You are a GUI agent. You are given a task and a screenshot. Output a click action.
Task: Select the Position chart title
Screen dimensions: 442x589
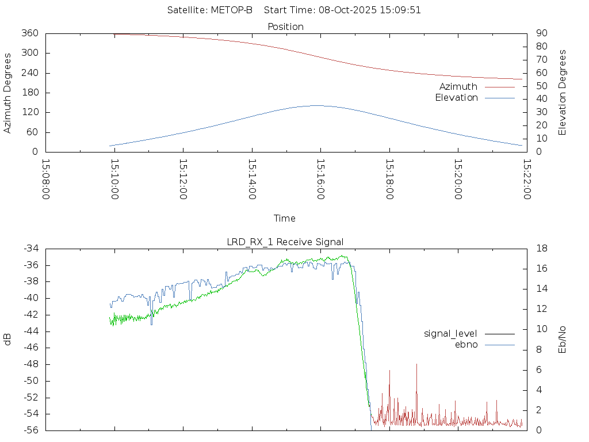pyautogui.click(x=286, y=26)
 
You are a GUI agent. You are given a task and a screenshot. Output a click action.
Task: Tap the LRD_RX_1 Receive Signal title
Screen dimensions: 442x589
pyautogui.click(x=285, y=242)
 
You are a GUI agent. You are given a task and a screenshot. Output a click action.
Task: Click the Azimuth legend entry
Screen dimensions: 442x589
pyautogui.click(x=458, y=87)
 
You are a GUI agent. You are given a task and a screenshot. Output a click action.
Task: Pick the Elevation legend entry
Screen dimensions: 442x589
pyautogui.click(x=456, y=98)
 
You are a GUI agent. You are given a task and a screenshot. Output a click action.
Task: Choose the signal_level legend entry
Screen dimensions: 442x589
pyautogui.click(x=450, y=334)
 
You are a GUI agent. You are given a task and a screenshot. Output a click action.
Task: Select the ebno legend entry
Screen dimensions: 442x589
pyautogui.click(x=466, y=345)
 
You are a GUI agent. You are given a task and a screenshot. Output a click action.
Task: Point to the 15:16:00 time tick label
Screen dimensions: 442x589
pyautogui.click(x=320, y=180)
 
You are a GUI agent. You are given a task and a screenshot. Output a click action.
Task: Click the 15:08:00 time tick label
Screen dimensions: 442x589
pyautogui.click(x=46, y=180)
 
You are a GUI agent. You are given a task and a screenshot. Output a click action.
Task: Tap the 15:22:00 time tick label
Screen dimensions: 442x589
pyautogui.click(x=526, y=180)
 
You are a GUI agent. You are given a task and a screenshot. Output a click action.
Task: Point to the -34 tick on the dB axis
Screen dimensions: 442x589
pyautogui.click(x=31, y=249)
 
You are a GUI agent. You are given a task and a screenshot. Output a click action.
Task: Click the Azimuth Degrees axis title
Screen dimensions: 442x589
pyautogui.click(x=7, y=93)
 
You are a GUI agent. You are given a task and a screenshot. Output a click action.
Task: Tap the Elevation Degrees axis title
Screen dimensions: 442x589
pyautogui.click(x=563, y=93)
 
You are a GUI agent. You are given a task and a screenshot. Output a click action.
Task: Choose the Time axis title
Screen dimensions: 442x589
pyautogui.click(x=285, y=219)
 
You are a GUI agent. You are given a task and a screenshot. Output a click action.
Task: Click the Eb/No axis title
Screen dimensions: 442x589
pyautogui.click(x=563, y=340)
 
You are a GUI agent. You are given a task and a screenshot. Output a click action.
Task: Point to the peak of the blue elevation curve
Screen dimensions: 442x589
pyautogui.click(x=317, y=105)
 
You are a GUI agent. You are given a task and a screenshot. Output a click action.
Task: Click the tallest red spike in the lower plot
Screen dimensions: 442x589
pyautogui.click(x=416, y=364)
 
